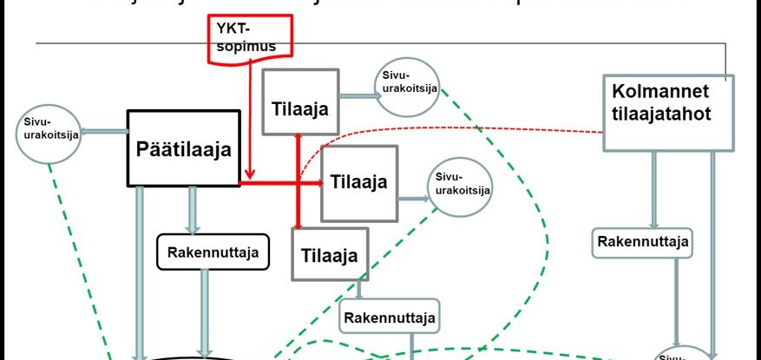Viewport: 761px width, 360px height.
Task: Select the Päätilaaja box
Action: (x=184, y=147)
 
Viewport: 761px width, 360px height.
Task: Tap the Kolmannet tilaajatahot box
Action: (x=667, y=112)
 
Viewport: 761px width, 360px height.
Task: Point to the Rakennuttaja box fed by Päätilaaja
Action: (x=213, y=251)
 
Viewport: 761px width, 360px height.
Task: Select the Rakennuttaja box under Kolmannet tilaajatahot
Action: (x=643, y=241)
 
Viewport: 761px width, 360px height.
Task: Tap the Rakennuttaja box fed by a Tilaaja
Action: (x=390, y=315)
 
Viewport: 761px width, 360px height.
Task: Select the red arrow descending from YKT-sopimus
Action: (x=249, y=121)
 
